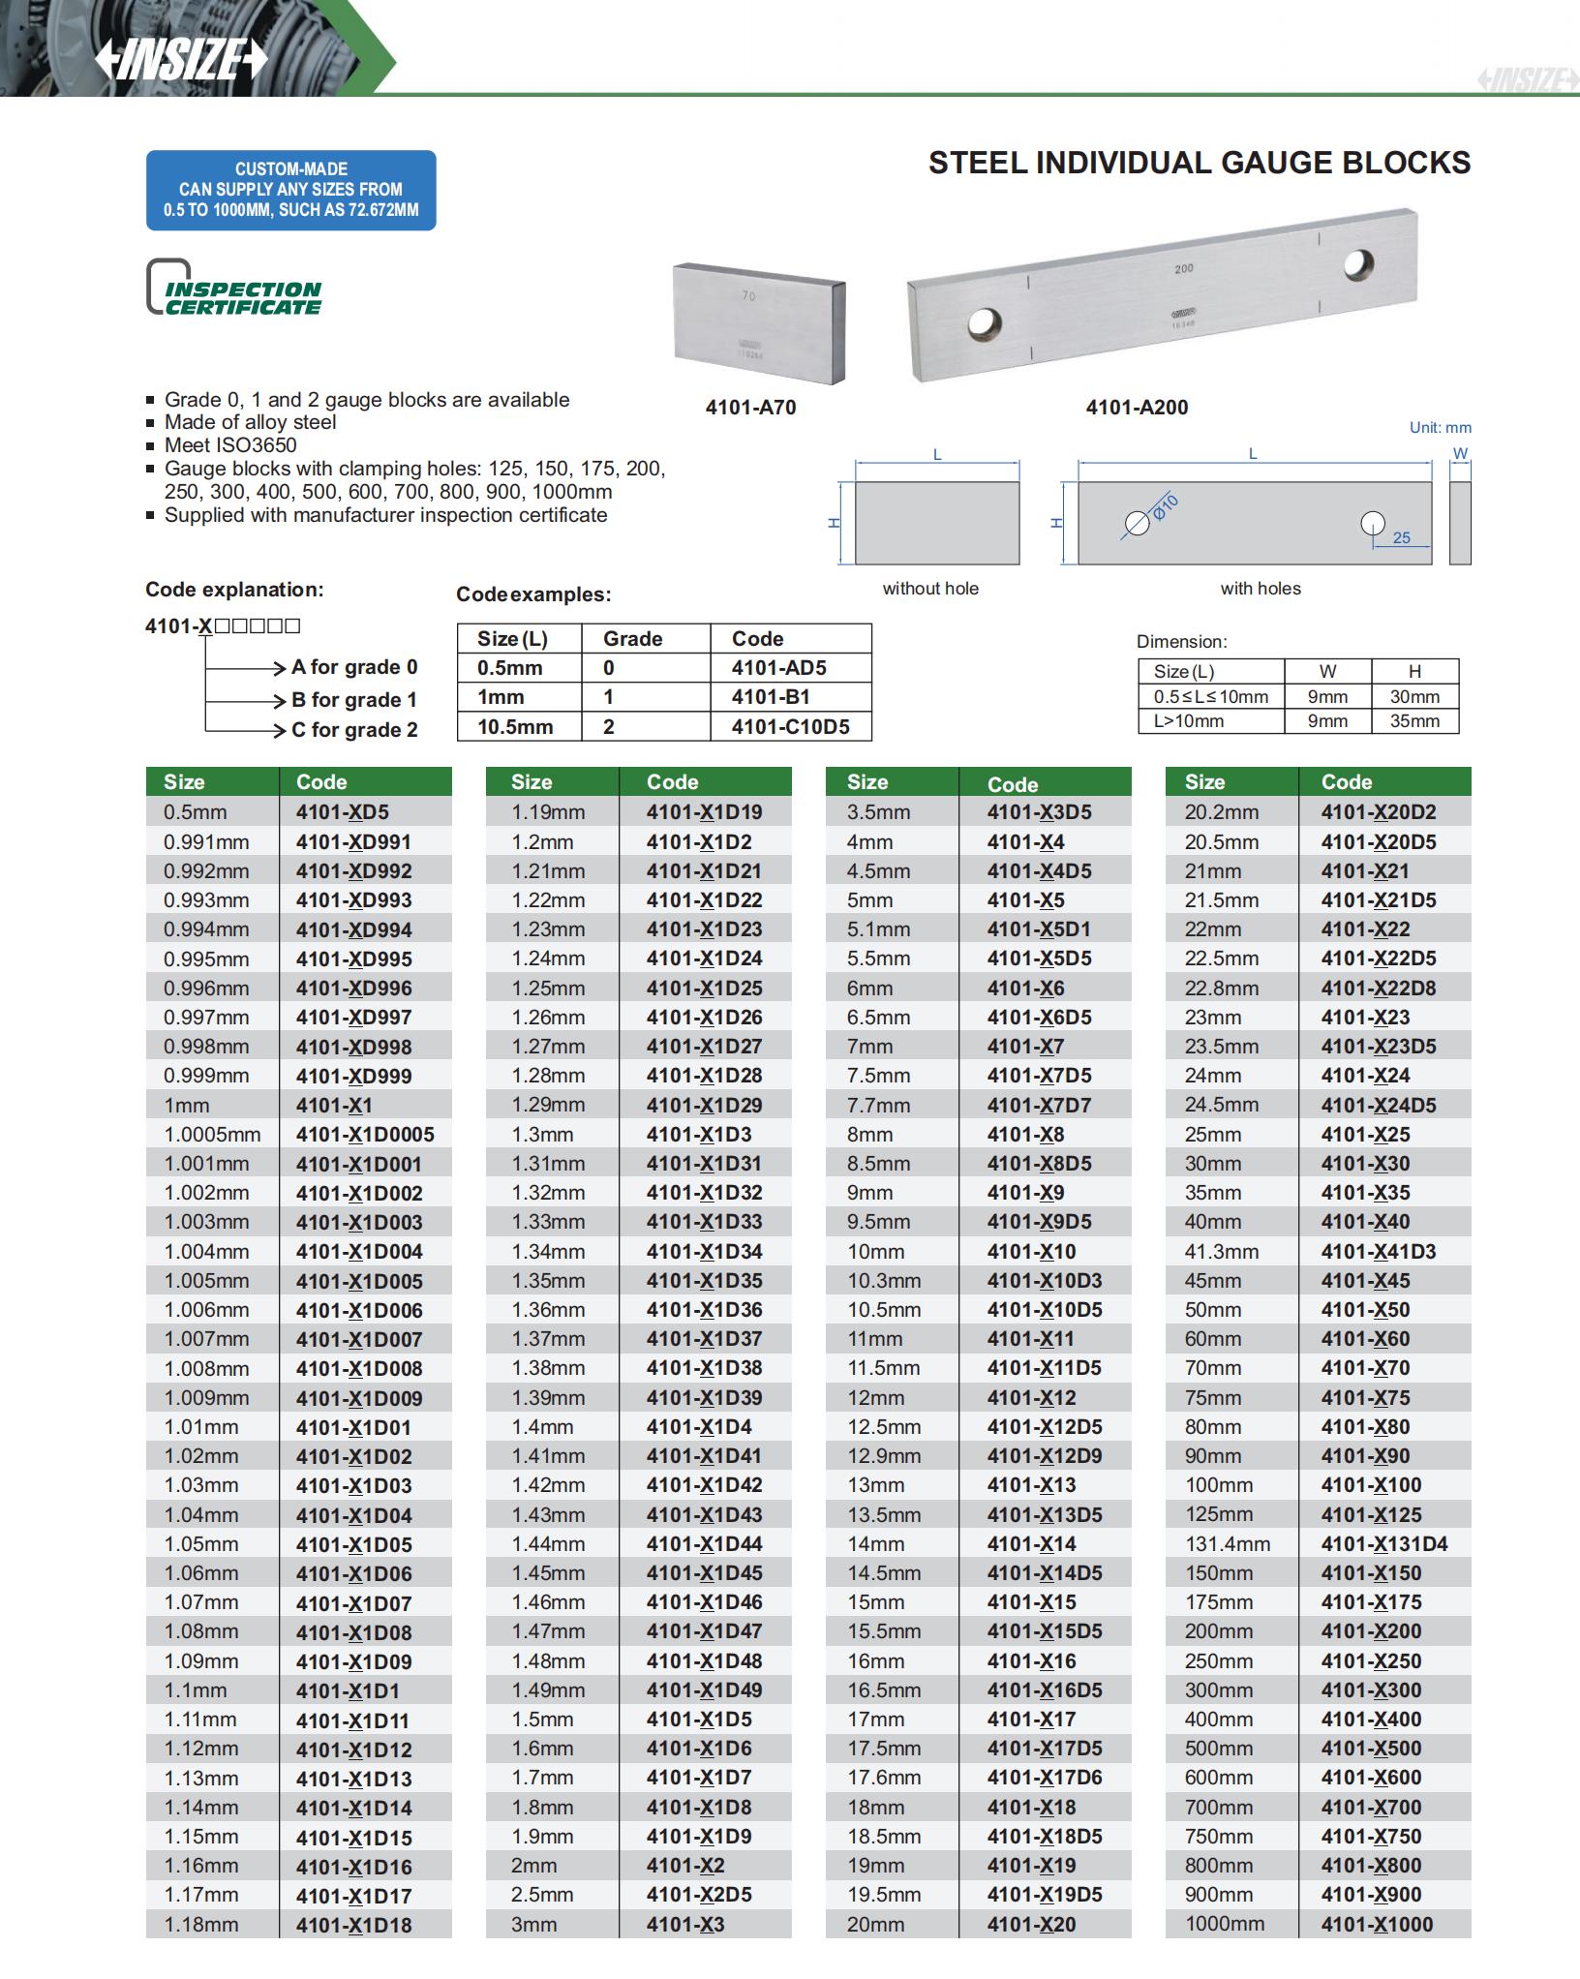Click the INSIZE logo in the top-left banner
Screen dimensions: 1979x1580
pyautogui.click(x=180, y=58)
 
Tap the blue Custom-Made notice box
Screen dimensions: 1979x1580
pyautogui.click(x=290, y=190)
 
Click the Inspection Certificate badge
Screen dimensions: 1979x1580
pyautogui.click(x=235, y=289)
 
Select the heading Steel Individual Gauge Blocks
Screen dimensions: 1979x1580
pyautogui.click(x=1199, y=163)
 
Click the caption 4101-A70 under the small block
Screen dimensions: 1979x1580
pyautogui.click(x=750, y=408)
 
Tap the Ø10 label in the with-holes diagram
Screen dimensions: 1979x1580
pyautogui.click(x=1166, y=505)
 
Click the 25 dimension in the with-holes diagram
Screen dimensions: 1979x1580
pyautogui.click(x=1401, y=537)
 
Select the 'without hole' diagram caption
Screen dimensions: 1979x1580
pyautogui.click(x=930, y=589)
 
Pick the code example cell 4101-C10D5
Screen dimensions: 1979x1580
pyautogui.click(x=790, y=726)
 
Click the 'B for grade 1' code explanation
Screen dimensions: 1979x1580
pyautogui.click(x=353, y=699)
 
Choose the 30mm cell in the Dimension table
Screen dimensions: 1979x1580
pyautogui.click(x=1414, y=696)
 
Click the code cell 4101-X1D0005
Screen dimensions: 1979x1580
pyautogui.click(x=365, y=1135)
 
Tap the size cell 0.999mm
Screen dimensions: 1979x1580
pyautogui.click(x=206, y=1076)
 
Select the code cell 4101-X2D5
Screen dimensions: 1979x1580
pyautogui.click(x=699, y=1895)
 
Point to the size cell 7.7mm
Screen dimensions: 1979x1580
pyautogui.click(x=878, y=1105)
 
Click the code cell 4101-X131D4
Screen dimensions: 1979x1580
pyautogui.click(x=1384, y=1544)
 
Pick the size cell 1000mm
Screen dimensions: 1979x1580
pyautogui.click(x=1225, y=1924)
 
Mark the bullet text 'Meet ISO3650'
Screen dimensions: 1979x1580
pyautogui.click(x=230, y=445)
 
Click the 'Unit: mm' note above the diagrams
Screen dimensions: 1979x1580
pyautogui.click(x=1440, y=427)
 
